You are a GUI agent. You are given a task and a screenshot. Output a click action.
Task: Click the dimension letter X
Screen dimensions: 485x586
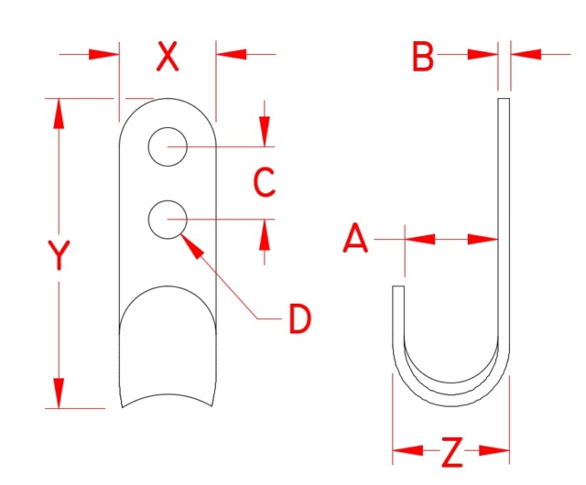click(x=167, y=57)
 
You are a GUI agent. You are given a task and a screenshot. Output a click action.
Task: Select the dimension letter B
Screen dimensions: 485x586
click(x=422, y=57)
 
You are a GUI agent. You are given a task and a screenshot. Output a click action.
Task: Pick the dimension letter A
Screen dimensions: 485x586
click(x=355, y=240)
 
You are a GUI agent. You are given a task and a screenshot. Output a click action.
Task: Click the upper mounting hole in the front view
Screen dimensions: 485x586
click(x=168, y=146)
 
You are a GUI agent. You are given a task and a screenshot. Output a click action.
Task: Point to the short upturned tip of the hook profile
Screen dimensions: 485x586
click(x=398, y=293)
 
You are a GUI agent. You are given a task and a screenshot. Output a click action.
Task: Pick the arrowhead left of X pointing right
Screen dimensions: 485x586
click(x=103, y=55)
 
